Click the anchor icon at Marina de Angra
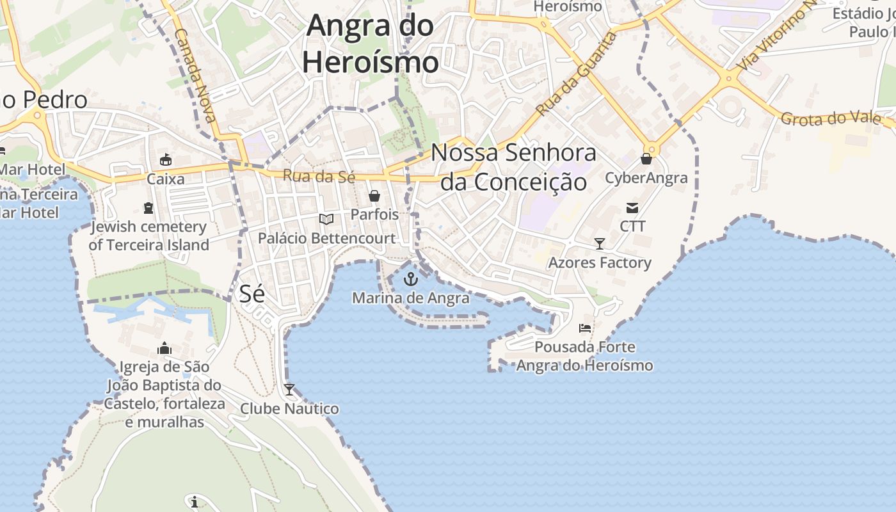tap(411, 279)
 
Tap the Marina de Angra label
tap(411, 298)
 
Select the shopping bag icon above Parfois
tap(374, 196)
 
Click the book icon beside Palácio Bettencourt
tap(326, 220)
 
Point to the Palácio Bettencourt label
tap(326, 239)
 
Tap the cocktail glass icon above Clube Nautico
tap(289, 389)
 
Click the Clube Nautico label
tap(289, 408)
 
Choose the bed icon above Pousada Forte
tap(584, 328)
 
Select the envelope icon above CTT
tap(632, 207)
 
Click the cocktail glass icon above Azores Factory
tap(600, 243)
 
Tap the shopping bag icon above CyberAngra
tap(646, 159)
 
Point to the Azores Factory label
tap(600, 262)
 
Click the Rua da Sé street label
tap(319, 176)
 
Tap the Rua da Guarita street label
tap(577, 74)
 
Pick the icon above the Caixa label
tap(166, 159)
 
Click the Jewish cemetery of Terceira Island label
tap(149, 236)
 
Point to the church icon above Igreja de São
tap(164, 348)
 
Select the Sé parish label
tap(252, 294)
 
